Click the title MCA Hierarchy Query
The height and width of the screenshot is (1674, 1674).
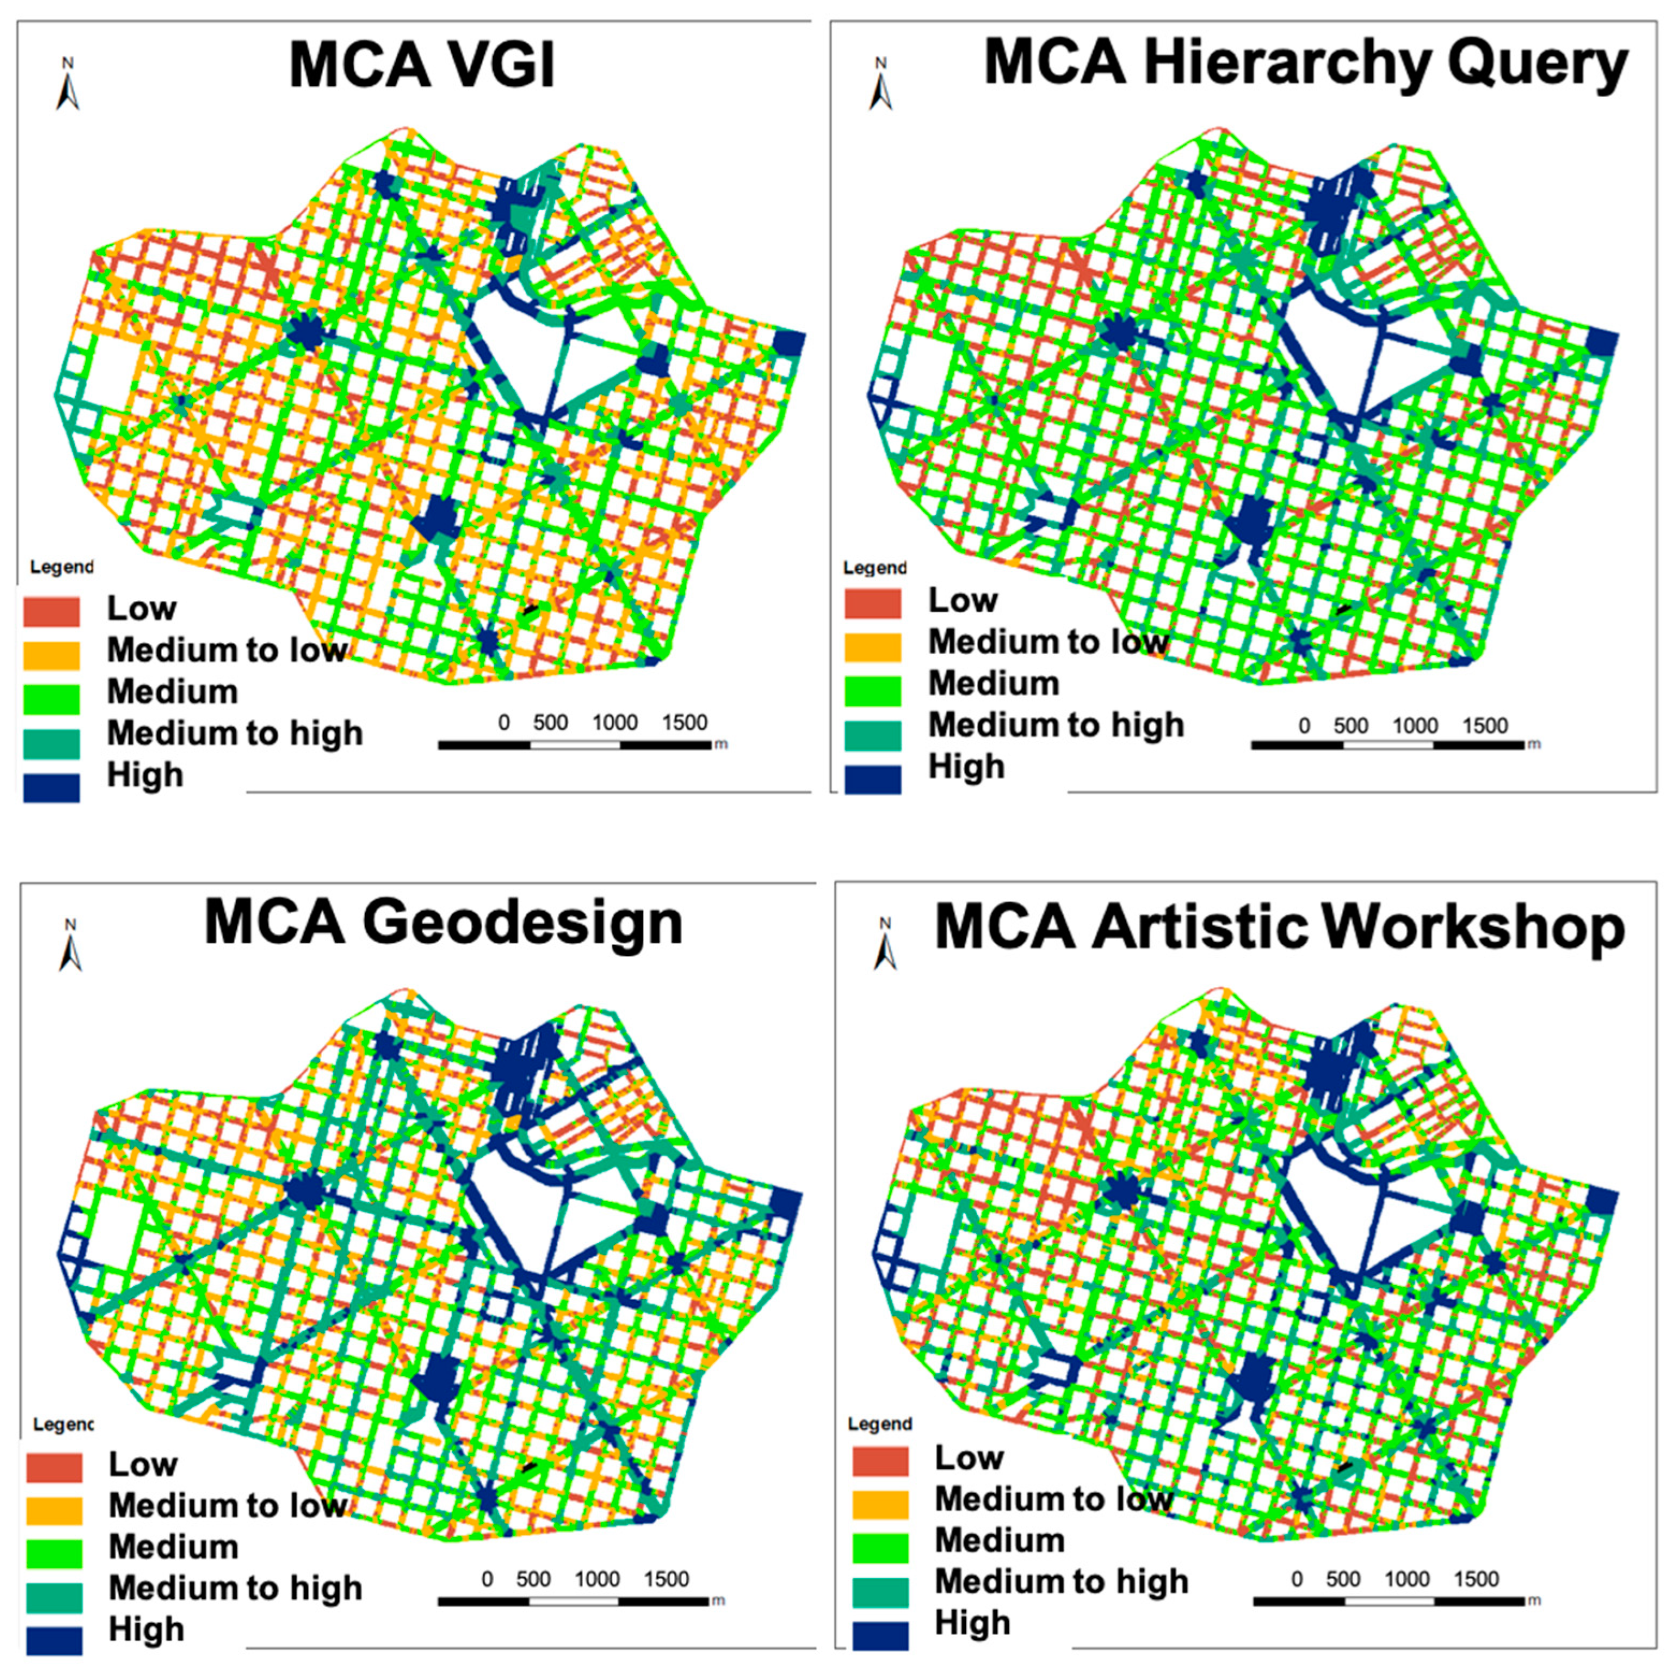(1305, 65)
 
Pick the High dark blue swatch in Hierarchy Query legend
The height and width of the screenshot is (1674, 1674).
(872, 778)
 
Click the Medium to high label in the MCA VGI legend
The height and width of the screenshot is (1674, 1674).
(234, 733)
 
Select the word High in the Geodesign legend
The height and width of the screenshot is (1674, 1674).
(146, 1629)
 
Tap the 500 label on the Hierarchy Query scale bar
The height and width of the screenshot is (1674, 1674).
(1350, 725)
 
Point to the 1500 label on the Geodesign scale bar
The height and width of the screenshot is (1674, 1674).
(666, 1579)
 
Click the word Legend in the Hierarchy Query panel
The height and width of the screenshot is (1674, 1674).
(874, 568)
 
